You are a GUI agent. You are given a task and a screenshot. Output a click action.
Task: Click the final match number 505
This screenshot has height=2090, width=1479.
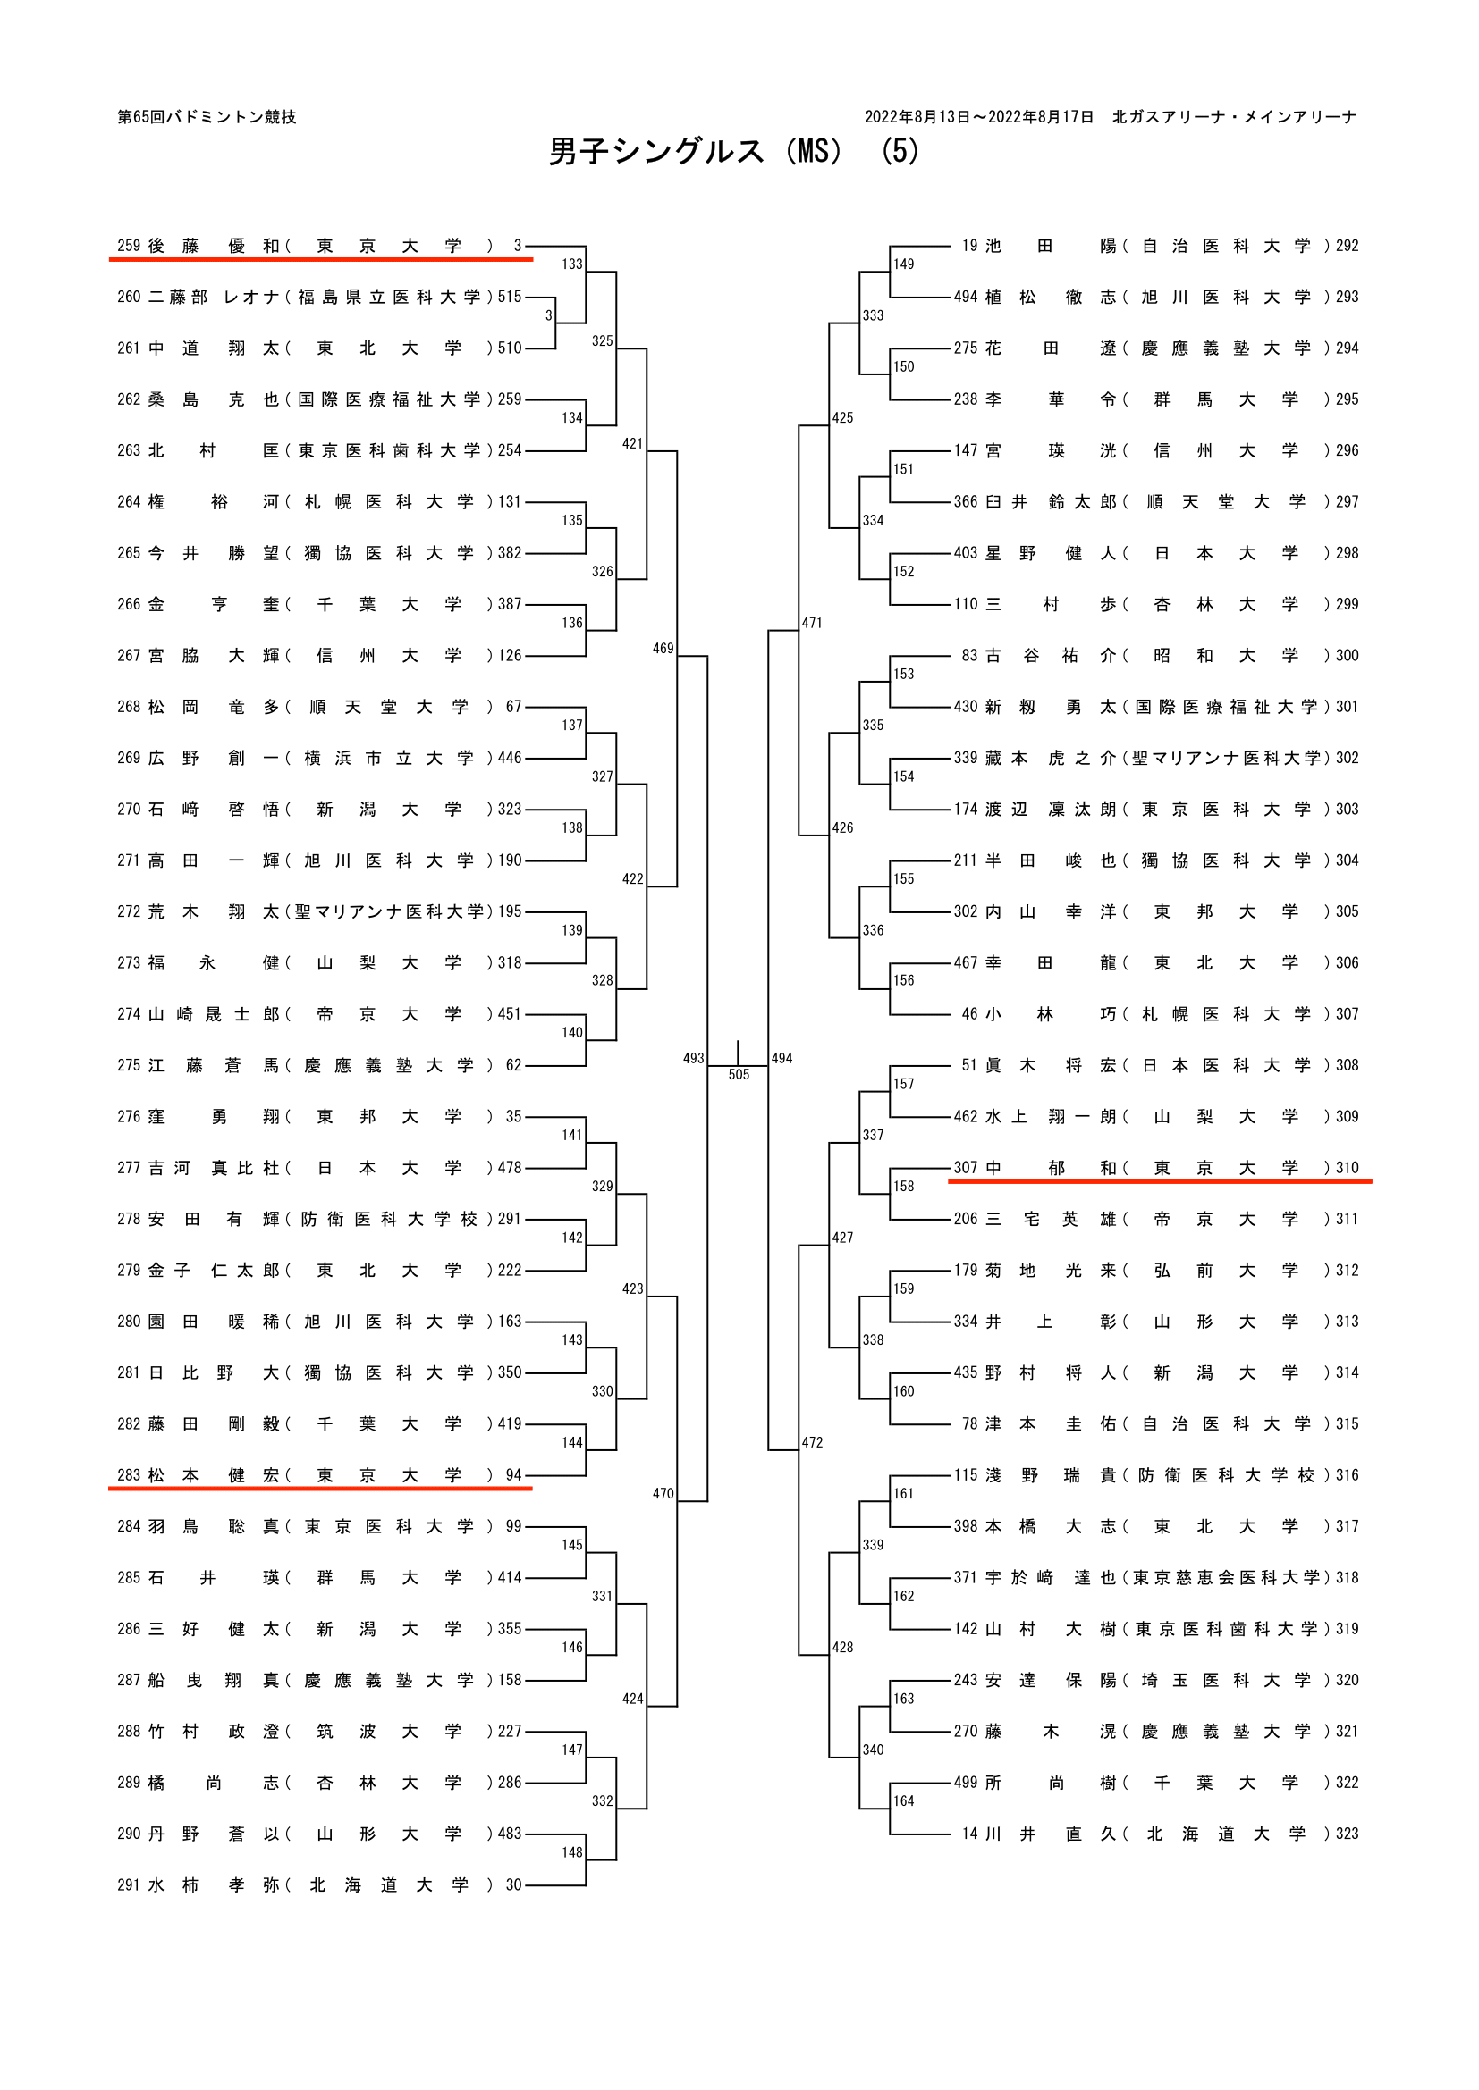(739, 1075)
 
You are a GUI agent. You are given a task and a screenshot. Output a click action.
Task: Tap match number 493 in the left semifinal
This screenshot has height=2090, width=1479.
(693, 1058)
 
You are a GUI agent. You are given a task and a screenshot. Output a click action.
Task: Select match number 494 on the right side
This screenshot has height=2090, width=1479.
(782, 1058)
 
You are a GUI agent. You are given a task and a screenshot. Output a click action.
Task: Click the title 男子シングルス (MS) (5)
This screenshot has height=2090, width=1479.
(734, 151)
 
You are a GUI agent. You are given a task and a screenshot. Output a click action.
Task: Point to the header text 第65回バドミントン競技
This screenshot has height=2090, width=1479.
(207, 116)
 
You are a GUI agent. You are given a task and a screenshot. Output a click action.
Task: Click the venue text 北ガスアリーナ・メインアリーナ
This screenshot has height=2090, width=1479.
(1234, 116)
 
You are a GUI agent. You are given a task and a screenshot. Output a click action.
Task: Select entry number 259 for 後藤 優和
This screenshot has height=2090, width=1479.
(129, 246)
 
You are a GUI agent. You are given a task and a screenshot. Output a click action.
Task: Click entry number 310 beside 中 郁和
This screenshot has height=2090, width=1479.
(1347, 1168)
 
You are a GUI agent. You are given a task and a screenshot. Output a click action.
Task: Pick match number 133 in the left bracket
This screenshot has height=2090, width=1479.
(572, 264)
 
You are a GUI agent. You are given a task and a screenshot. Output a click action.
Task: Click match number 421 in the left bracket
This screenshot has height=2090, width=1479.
(633, 443)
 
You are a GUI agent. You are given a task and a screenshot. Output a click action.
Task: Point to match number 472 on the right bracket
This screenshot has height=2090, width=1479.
(812, 1443)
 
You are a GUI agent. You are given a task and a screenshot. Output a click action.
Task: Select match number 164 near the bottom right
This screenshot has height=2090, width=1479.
(903, 1800)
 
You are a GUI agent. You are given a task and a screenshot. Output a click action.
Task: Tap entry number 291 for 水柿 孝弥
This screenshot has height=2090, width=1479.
(129, 1885)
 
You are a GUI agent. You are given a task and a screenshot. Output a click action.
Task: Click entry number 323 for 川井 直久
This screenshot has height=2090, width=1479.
(1347, 1834)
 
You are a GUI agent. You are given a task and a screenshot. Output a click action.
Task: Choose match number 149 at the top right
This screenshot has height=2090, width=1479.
(903, 264)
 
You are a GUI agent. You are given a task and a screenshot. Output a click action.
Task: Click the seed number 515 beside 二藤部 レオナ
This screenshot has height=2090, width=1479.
(510, 297)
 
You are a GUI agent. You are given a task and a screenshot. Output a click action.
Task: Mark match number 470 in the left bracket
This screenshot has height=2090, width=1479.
(663, 1494)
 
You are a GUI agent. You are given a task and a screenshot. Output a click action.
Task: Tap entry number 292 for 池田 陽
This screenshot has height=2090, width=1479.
(1347, 246)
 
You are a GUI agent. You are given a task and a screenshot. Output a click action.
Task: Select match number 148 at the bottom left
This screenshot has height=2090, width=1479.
(572, 1851)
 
